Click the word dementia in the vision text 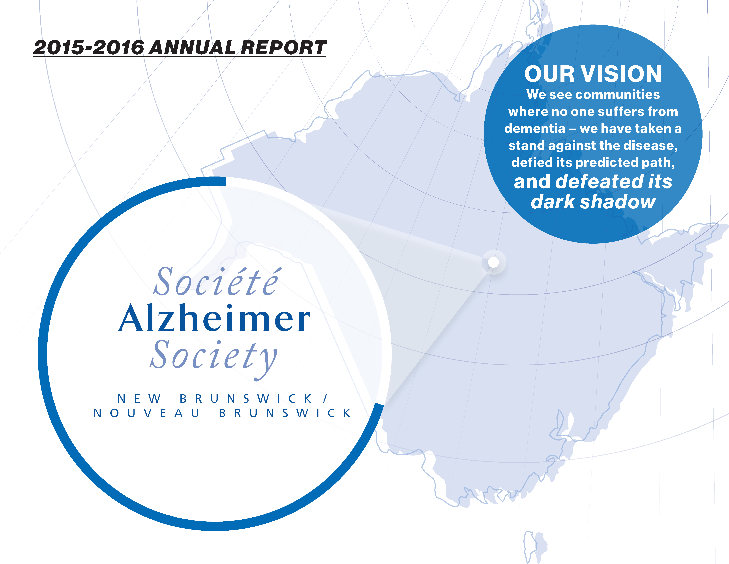tap(535, 129)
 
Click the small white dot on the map tap(493, 262)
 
